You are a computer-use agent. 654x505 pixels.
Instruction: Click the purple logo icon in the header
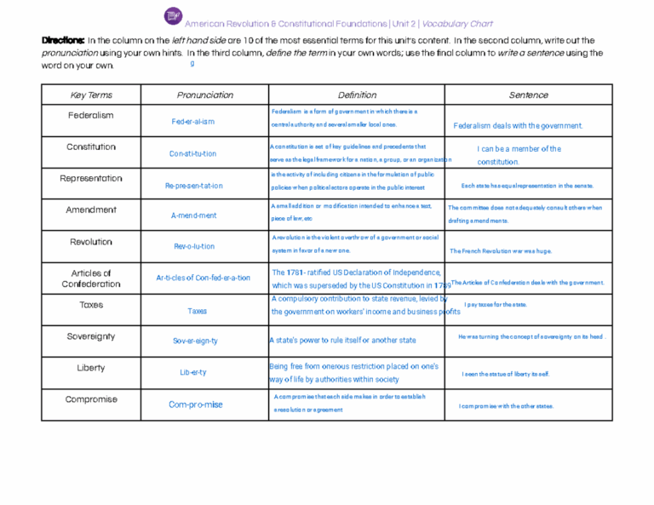[x=173, y=16]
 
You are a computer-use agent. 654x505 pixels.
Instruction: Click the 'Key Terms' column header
[x=91, y=95]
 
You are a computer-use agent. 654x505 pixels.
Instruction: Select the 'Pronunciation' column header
[x=204, y=95]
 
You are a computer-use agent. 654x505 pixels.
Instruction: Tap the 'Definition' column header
[x=357, y=95]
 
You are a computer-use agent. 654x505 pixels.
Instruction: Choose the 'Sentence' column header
[x=528, y=95]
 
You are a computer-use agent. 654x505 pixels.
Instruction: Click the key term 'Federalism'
[x=91, y=115]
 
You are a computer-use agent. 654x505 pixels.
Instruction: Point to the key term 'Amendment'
[x=91, y=209]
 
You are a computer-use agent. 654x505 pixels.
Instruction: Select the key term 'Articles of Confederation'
[x=91, y=278]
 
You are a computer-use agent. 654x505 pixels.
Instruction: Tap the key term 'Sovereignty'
[x=91, y=336]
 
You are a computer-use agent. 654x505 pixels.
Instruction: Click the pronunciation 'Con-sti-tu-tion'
[x=193, y=154]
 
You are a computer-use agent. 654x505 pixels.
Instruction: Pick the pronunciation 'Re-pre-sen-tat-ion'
[x=194, y=185]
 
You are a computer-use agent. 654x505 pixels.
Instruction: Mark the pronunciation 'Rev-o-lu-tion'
[x=194, y=246]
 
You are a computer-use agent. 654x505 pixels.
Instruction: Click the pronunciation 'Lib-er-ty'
[x=192, y=372]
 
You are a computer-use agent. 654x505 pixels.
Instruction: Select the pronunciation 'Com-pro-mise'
[x=196, y=405]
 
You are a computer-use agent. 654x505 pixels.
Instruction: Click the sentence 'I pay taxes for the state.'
[x=496, y=304]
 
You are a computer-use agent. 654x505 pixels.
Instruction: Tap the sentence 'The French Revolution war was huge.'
[x=501, y=251]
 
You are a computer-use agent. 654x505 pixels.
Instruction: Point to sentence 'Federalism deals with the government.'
[x=518, y=126]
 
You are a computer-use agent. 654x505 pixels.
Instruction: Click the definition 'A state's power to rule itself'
[x=342, y=341]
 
